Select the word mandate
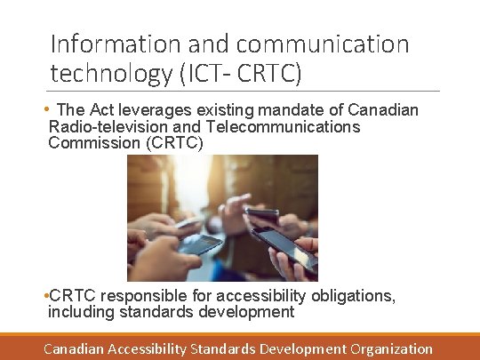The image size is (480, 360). point(297,111)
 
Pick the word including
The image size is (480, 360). point(81,311)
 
